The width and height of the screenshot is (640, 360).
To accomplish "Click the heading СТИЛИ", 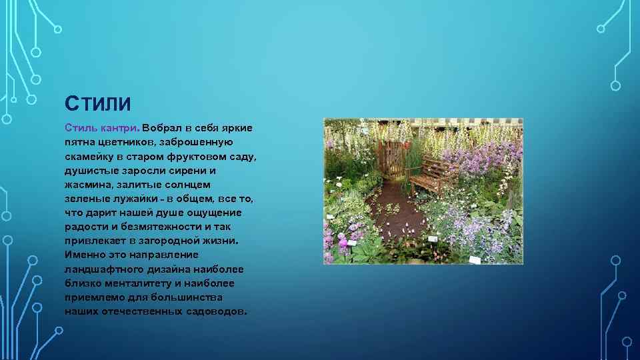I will [97, 105].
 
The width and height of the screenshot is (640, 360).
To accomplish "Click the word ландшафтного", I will [103, 269].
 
